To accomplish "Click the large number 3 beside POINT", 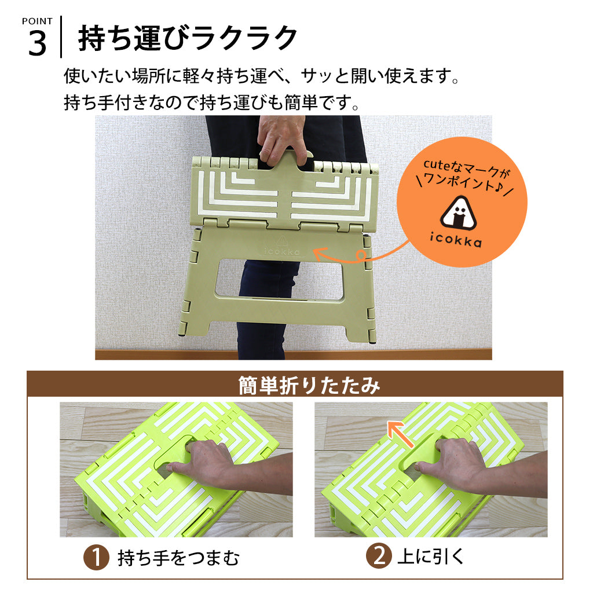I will click(x=37, y=44).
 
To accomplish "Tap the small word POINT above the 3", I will click(x=37, y=21).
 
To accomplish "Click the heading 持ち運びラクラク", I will click(x=188, y=38).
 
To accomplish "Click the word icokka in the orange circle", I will click(x=460, y=243).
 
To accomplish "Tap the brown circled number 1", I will click(x=96, y=558).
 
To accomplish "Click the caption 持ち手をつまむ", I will click(x=178, y=558).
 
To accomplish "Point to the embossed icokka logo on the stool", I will click(x=281, y=250).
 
